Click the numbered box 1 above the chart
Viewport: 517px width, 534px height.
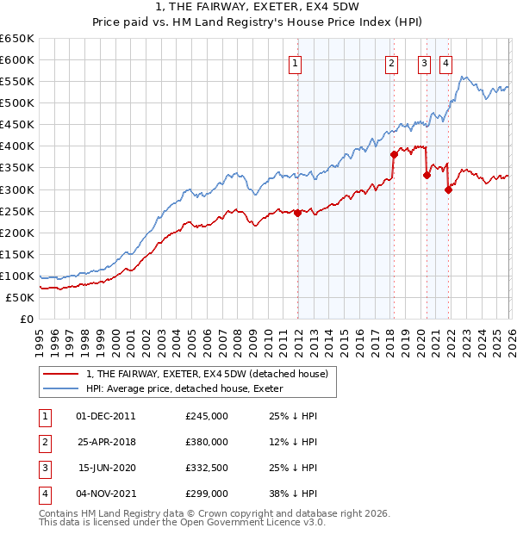[296, 62]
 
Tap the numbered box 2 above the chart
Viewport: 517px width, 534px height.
[391, 62]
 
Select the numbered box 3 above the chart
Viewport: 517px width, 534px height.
[425, 62]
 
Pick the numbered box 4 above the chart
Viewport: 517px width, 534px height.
[445, 62]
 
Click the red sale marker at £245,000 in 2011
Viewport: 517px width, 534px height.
[298, 213]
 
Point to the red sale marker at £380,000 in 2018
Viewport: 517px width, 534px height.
[394, 154]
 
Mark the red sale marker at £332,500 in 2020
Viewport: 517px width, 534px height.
[427, 175]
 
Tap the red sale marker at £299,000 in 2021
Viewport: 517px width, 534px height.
[448, 189]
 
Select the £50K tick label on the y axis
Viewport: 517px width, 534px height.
[21, 297]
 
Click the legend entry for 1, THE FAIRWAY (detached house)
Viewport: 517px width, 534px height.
[207, 374]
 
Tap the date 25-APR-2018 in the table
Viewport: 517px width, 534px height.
[106, 442]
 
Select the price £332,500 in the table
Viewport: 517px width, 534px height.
[207, 468]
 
